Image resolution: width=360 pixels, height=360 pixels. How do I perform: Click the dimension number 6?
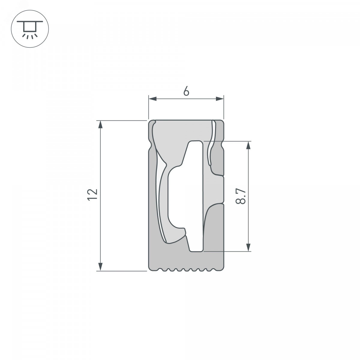(x=186, y=91)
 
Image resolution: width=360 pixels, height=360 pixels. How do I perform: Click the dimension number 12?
(x=92, y=195)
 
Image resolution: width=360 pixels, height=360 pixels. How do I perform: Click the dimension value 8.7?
(x=240, y=196)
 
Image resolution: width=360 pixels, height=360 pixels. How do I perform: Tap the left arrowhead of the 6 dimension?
(x=153, y=99)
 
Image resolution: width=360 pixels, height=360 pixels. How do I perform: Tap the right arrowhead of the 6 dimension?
(x=220, y=99)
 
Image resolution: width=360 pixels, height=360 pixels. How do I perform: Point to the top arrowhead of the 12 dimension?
(x=100, y=124)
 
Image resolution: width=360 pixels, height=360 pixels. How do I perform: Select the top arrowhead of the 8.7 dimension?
(x=248, y=145)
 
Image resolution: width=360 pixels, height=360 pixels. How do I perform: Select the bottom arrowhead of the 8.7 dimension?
(x=248, y=247)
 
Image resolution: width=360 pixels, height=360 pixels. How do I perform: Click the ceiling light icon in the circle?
(x=30, y=29)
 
